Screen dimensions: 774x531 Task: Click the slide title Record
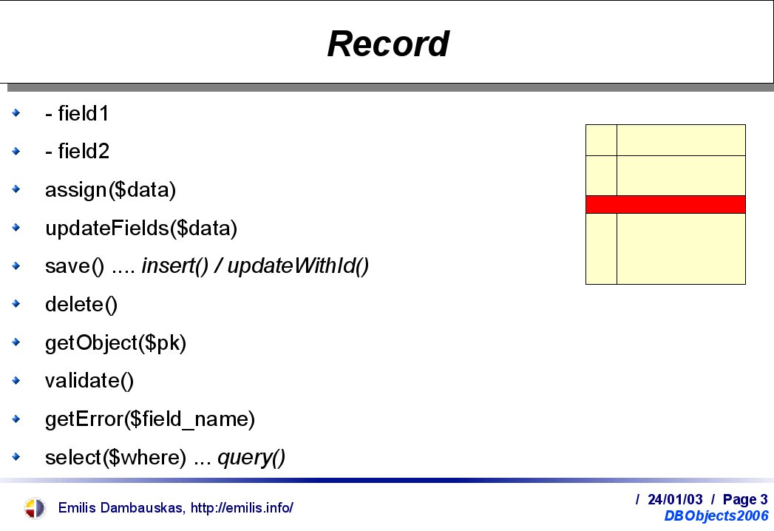[x=388, y=44]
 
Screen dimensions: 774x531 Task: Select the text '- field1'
[x=76, y=113]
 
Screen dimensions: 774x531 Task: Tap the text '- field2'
[x=77, y=151]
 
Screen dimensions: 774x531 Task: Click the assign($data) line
[x=110, y=190]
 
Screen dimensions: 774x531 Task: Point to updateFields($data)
[x=141, y=229]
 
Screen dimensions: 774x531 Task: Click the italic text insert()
[x=175, y=266]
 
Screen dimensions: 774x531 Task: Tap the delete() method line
[x=81, y=304]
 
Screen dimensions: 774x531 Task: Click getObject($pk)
[x=115, y=343]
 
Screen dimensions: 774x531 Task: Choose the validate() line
[x=89, y=381]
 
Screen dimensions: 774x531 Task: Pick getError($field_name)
[x=150, y=419]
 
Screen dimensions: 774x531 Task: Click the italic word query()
[x=251, y=458]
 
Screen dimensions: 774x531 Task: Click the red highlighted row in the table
[x=665, y=205]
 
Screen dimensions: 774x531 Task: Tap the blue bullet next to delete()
[x=16, y=303]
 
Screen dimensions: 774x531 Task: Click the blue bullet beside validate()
[x=16, y=380]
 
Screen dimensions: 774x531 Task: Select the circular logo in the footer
[x=35, y=508]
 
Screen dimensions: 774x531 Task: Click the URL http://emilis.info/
[x=242, y=508]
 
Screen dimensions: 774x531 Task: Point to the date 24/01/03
[x=675, y=499]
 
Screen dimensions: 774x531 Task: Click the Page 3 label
[x=745, y=500]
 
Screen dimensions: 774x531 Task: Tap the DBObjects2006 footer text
[x=716, y=515]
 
